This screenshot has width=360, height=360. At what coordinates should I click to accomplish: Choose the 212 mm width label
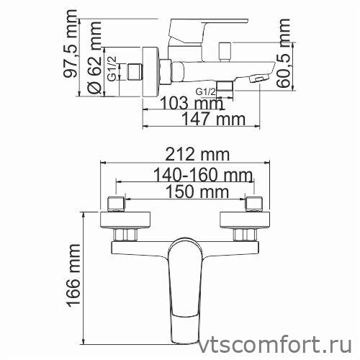(192, 154)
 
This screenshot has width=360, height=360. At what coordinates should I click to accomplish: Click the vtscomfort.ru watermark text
(285, 343)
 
